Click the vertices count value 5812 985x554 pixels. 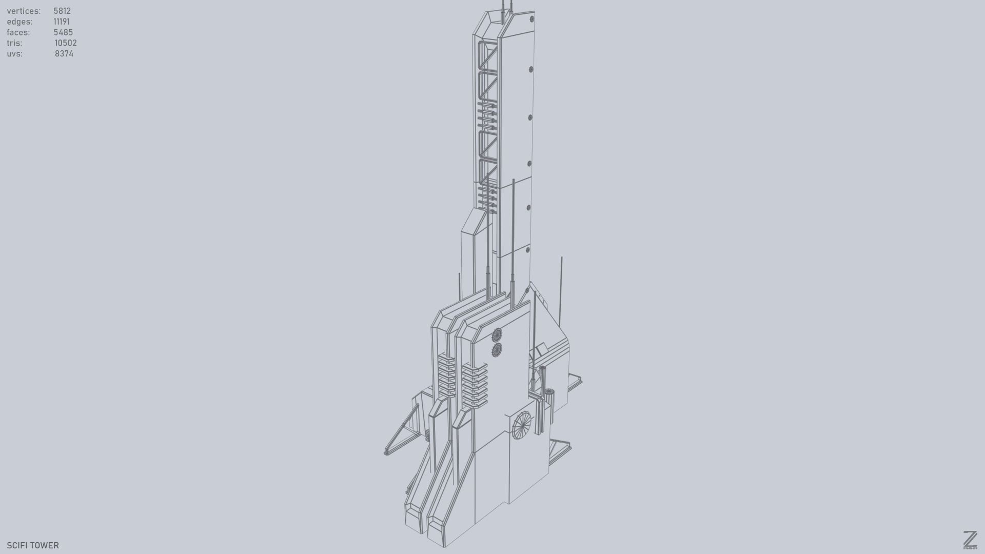[x=62, y=11]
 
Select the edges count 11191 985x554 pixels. [x=62, y=22]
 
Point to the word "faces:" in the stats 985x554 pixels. [x=18, y=32]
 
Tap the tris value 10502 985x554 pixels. [x=66, y=43]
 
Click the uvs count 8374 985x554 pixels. [x=64, y=54]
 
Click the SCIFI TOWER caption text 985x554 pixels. [x=33, y=545]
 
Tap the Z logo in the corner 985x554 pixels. [x=970, y=540]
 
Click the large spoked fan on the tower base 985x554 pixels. [x=522, y=425]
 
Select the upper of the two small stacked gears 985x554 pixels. [x=497, y=335]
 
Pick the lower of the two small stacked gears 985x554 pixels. [x=497, y=350]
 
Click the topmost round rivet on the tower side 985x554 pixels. [x=532, y=19]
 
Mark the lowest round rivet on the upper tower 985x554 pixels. [x=528, y=250]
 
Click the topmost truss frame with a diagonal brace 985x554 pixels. [x=487, y=56]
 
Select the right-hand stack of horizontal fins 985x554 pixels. [x=474, y=386]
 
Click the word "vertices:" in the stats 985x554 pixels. [x=24, y=11]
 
